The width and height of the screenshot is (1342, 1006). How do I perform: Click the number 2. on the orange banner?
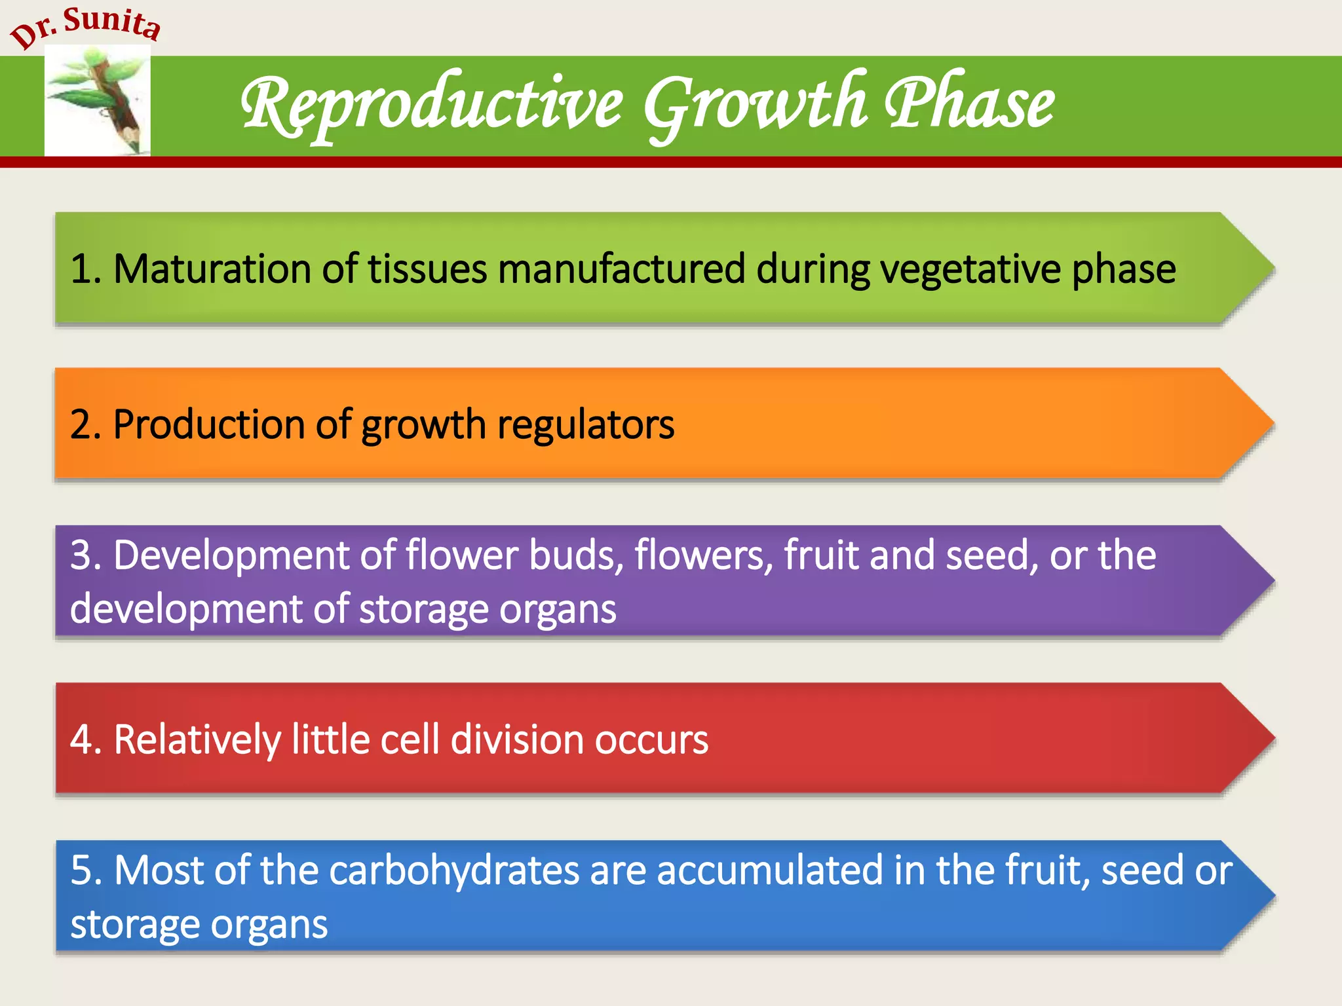(86, 424)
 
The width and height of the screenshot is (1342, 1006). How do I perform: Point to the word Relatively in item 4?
(197, 739)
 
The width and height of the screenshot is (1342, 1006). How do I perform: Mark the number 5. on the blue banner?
(86, 871)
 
